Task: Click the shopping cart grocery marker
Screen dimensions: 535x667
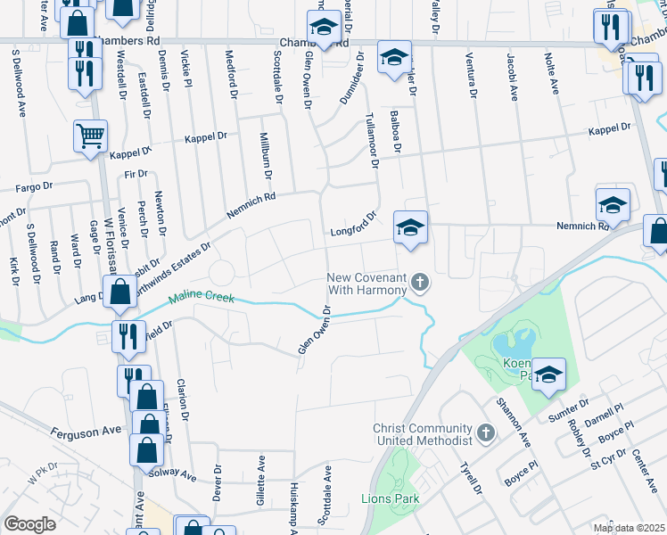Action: click(91, 136)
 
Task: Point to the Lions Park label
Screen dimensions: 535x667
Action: click(390, 499)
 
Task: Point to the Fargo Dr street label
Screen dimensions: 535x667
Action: click(37, 189)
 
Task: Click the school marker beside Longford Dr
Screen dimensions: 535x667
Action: click(410, 226)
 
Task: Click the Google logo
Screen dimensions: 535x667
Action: click(29, 523)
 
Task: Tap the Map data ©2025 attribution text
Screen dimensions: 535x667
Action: click(630, 528)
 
